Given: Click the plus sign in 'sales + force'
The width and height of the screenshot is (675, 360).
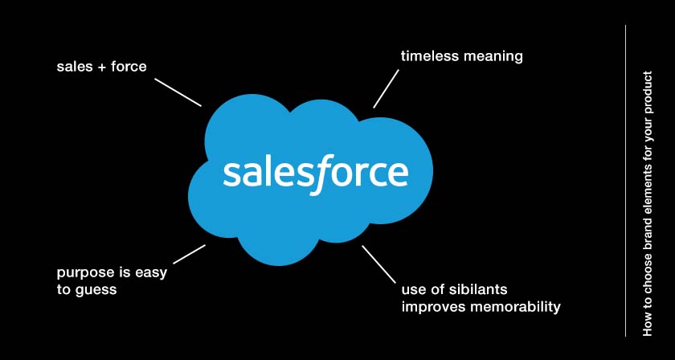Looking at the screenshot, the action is click(102, 67).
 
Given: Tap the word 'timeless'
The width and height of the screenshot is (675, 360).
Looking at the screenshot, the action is click(425, 56).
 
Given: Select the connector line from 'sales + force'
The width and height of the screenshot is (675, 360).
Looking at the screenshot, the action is click(178, 92).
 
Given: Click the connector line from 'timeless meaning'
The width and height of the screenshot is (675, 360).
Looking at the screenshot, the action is click(386, 88).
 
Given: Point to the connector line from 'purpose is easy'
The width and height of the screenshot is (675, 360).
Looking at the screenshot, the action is click(190, 254).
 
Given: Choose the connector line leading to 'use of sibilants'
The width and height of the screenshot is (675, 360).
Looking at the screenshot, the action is click(378, 264).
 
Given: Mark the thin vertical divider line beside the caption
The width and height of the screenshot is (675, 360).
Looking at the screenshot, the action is click(625, 181).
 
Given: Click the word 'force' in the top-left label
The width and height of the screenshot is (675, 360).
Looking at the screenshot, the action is click(129, 67).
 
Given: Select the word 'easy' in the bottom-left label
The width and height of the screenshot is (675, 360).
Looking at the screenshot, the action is click(150, 274).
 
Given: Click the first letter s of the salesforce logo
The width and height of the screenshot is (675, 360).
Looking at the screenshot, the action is click(231, 174).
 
